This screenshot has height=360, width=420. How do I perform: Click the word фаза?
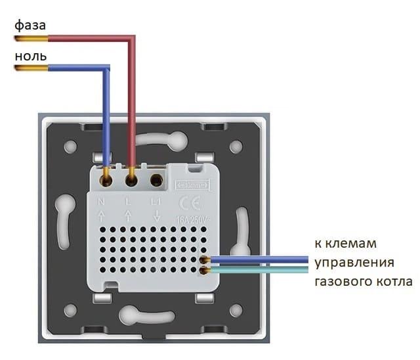(30, 25)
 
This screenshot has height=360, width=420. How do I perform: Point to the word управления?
(355, 263)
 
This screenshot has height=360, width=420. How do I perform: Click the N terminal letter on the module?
(102, 201)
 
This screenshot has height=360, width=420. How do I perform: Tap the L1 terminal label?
(156, 201)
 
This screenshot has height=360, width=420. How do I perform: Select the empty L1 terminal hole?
(157, 179)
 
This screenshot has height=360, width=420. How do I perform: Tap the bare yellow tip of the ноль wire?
(22, 68)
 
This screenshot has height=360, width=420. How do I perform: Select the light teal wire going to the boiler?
(262, 270)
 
